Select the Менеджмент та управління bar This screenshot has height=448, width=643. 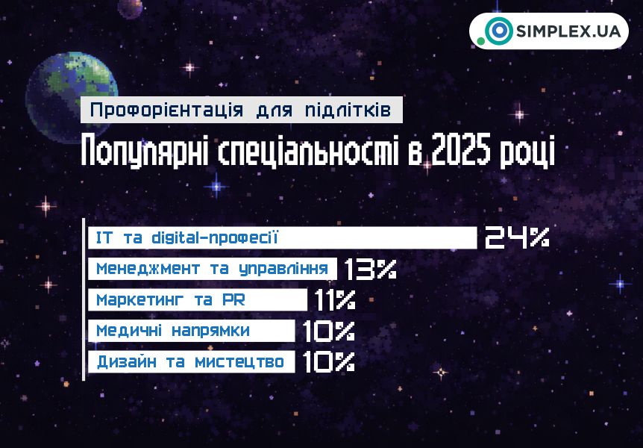[213, 269]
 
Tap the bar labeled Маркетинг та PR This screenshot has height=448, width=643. [198, 299]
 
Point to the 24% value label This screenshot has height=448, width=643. [517, 237]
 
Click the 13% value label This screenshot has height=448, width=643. [370, 269]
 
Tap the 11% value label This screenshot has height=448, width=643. [334, 299]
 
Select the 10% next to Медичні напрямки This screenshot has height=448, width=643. [329, 330]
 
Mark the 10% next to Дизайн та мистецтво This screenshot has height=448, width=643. [329, 361]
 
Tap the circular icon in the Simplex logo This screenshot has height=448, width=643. [498, 31]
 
